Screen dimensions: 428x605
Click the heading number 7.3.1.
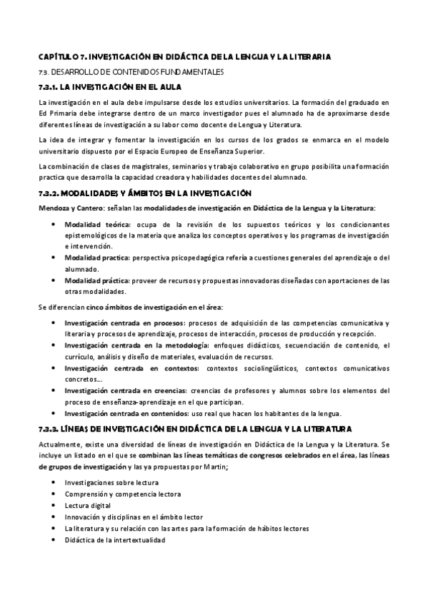click(48, 87)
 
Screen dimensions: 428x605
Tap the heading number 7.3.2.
click(49, 193)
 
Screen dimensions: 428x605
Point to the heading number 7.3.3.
click(49, 428)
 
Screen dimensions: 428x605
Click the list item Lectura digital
click(89, 504)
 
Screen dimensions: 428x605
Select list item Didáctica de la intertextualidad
click(115, 540)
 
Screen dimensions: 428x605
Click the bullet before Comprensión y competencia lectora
click(55, 493)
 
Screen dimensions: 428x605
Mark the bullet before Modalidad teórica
click(55, 224)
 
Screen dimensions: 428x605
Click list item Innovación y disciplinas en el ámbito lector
click(134, 517)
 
